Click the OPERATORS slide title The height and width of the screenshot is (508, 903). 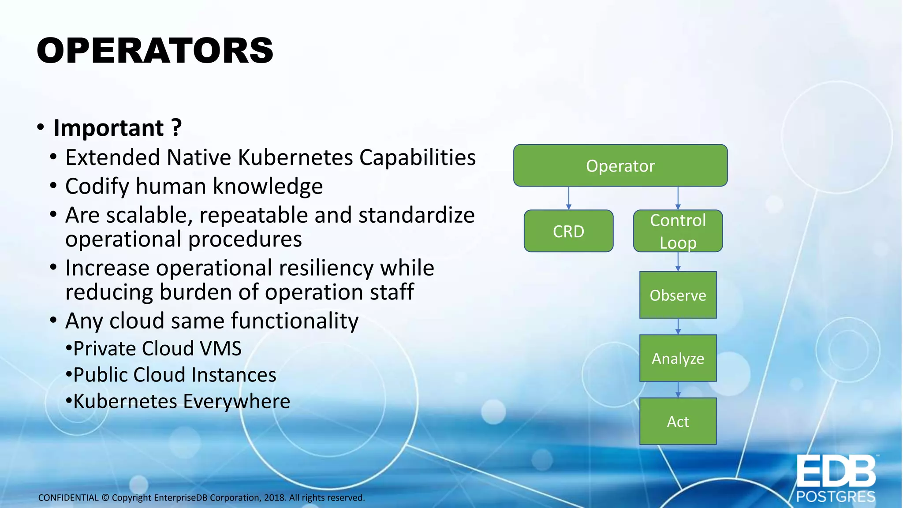pyautogui.click(x=155, y=51)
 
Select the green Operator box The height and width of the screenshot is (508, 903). pyautogui.click(x=620, y=165)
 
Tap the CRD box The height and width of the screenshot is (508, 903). pyautogui.click(x=568, y=231)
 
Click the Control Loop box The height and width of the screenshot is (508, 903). pyautogui.click(x=678, y=231)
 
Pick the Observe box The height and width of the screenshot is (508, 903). pyautogui.click(x=678, y=295)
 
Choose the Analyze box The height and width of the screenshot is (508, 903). pyautogui.click(x=678, y=358)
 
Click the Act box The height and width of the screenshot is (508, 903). pyautogui.click(x=678, y=421)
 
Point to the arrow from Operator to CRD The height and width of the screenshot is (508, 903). pyautogui.click(x=569, y=198)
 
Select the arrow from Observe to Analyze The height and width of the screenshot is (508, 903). pyautogui.click(x=678, y=326)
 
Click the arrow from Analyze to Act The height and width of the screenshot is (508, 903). pyautogui.click(x=678, y=389)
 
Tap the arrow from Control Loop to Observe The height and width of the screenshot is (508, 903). pyautogui.click(x=678, y=261)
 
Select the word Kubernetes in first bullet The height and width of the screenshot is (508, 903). pyautogui.click(x=295, y=157)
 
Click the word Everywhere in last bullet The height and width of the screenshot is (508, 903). pyautogui.click(x=236, y=401)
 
